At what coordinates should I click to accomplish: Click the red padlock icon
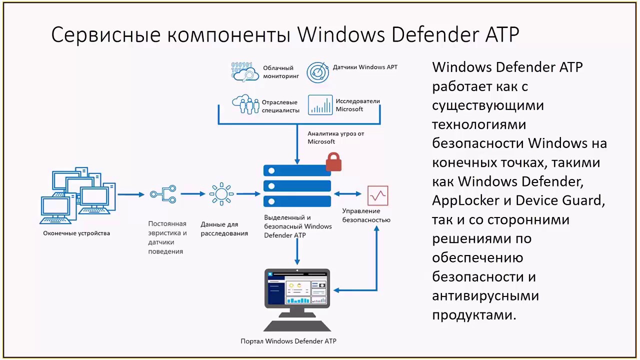(333, 161)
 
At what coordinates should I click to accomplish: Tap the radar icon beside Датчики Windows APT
(317, 72)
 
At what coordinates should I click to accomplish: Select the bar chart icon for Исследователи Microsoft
(320, 105)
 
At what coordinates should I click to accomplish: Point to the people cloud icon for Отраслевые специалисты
(245, 104)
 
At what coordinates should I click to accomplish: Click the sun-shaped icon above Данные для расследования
(221, 193)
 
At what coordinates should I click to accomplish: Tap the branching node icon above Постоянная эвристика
(163, 194)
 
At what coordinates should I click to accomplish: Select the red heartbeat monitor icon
(377, 195)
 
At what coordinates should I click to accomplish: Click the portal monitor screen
(297, 288)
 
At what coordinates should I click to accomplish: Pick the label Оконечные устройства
(76, 233)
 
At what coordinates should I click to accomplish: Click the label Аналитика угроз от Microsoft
(335, 137)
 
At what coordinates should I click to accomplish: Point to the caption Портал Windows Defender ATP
(288, 341)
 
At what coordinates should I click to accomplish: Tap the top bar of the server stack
(297, 171)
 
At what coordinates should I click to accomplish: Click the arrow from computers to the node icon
(131, 194)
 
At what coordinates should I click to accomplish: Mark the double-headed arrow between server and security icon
(347, 194)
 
